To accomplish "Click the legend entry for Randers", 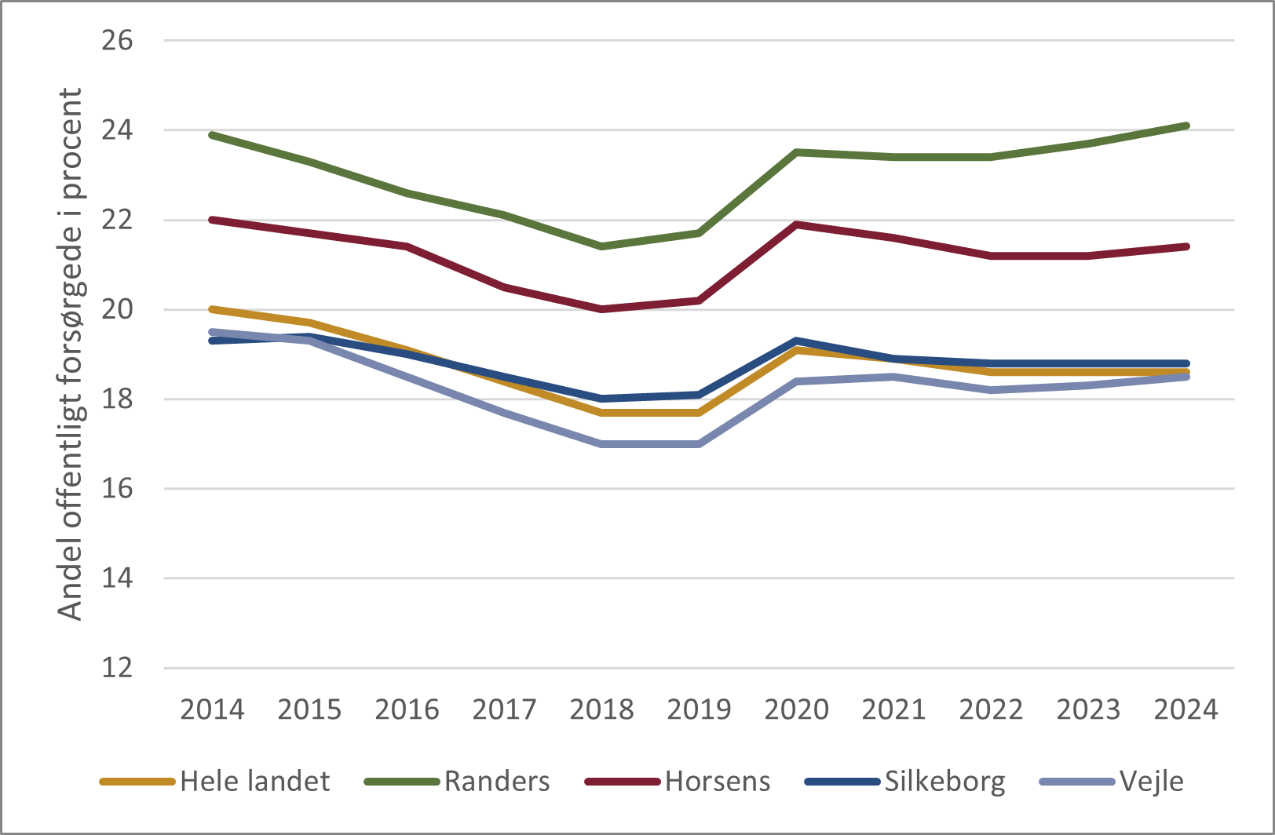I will point(496,782).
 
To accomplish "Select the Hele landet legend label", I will point(254,782).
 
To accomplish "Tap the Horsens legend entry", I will point(717,782).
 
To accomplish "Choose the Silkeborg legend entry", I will point(944,782).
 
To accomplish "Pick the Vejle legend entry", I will point(1151,782).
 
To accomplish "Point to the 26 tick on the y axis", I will point(117,41).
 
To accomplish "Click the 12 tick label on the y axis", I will point(117,668).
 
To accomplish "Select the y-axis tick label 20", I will point(117,309).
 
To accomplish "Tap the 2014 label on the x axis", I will point(212,709).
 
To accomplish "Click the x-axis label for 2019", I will point(699,709).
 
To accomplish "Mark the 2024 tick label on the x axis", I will point(1185,709).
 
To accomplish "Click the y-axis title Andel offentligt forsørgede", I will point(71,353).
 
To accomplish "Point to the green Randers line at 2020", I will point(796,152).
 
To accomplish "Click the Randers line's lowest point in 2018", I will point(601,246).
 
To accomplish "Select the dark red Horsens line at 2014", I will point(212,220).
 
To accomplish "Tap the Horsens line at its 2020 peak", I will point(796,224).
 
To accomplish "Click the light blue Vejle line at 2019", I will point(699,444).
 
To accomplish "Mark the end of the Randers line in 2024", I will point(1186,126).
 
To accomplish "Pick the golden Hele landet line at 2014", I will point(212,309).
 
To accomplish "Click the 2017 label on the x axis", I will point(504,709).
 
